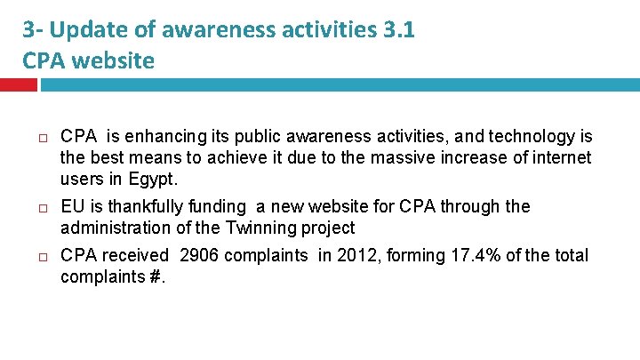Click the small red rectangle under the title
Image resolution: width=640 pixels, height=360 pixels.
click(x=18, y=84)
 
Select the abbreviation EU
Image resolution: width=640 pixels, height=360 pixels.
click(x=71, y=207)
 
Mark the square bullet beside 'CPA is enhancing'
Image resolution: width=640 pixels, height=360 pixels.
click(x=42, y=137)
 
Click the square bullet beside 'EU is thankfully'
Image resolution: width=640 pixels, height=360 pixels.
click(x=42, y=207)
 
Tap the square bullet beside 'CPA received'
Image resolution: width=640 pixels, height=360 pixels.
click(x=42, y=256)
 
